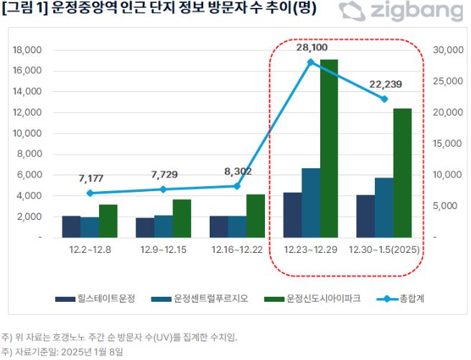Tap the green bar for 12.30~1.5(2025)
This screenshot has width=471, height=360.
coord(402,172)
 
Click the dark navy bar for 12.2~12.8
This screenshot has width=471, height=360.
coord(71,226)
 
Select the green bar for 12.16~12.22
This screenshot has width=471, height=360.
coord(255,216)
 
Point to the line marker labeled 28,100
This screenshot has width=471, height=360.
coord(311,63)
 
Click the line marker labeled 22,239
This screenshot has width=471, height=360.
coord(384,99)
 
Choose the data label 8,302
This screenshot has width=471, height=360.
coord(237,171)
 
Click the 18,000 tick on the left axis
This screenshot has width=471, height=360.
coord(28,50)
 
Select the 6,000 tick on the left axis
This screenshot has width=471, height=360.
coord(31,175)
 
